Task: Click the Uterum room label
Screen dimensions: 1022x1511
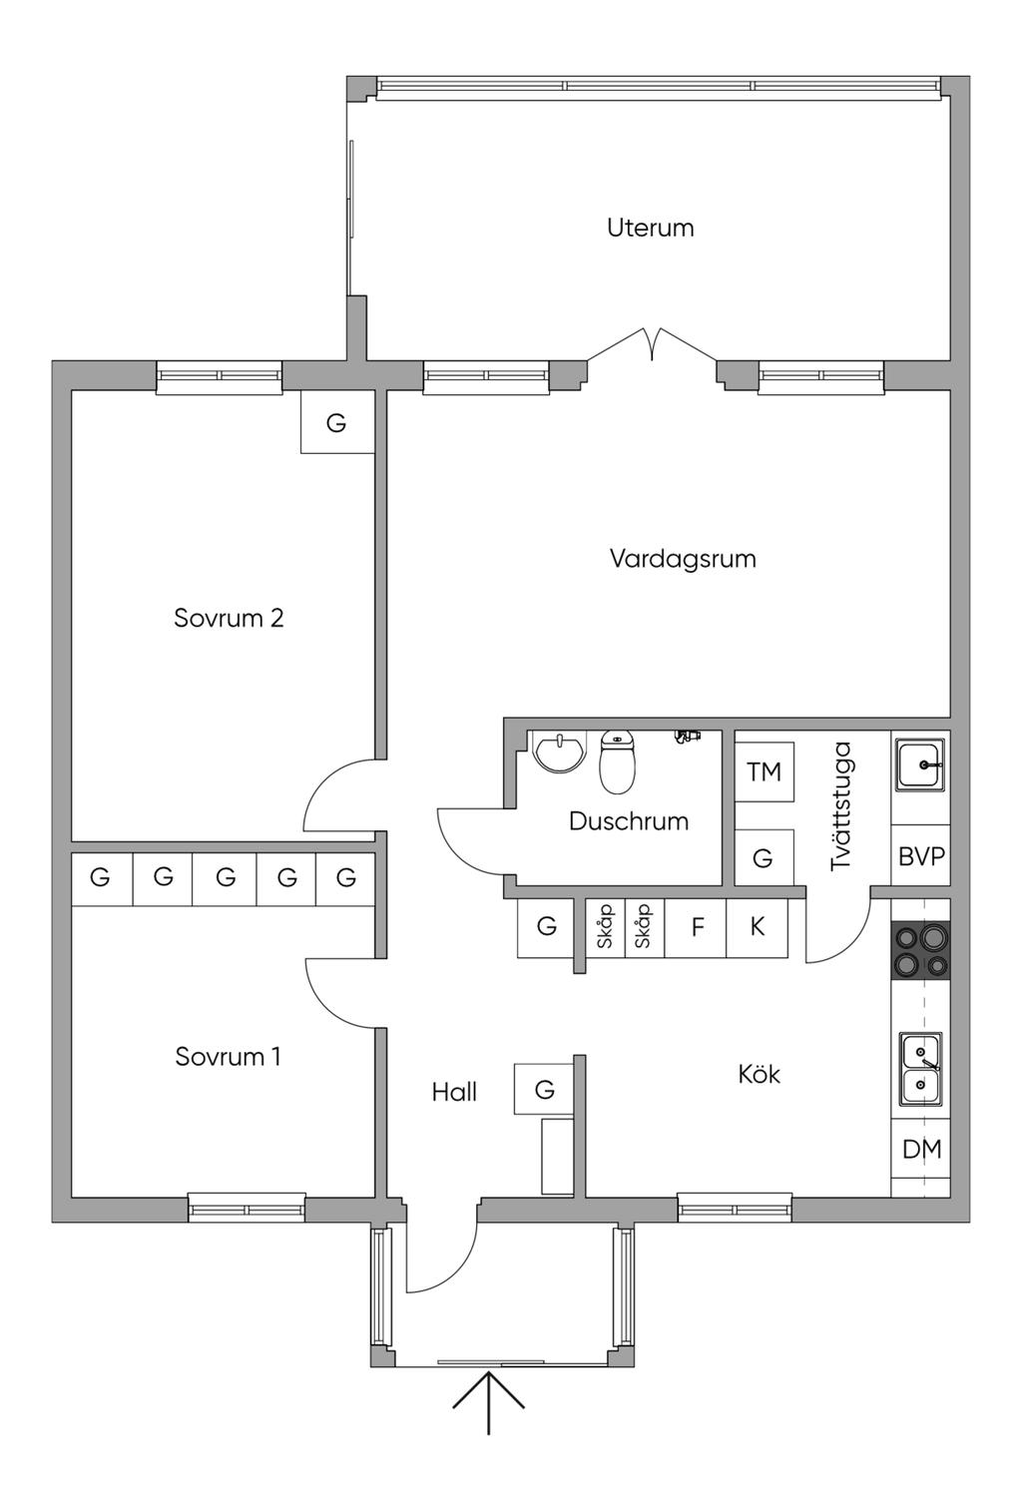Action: tap(650, 228)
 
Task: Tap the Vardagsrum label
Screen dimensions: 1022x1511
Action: tap(683, 559)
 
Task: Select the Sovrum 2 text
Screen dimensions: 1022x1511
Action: tap(229, 618)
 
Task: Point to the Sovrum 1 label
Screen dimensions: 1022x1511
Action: tap(228, 1056)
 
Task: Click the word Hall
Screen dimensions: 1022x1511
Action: tap(454, 1092)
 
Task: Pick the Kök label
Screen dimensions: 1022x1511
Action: tap(759, 1073)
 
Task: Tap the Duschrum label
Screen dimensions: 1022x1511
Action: tap(629, 821)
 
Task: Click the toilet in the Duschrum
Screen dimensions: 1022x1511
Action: tap(617, 761)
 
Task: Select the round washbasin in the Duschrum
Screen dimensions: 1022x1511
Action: tap(557, 751)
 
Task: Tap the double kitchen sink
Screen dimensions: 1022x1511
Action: tap(921, 1069)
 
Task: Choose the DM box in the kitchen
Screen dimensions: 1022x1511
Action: tap(921, 1148)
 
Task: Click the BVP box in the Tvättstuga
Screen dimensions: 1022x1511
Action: tap(921, 855)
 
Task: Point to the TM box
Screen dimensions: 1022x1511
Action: tap(764, 771)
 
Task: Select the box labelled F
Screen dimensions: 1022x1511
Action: tap(696, 927)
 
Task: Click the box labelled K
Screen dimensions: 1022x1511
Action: tap(757, 927)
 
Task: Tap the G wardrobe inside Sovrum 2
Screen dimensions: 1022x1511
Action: tap(336, 422)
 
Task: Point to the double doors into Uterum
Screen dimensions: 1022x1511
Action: tap(652, 344)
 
